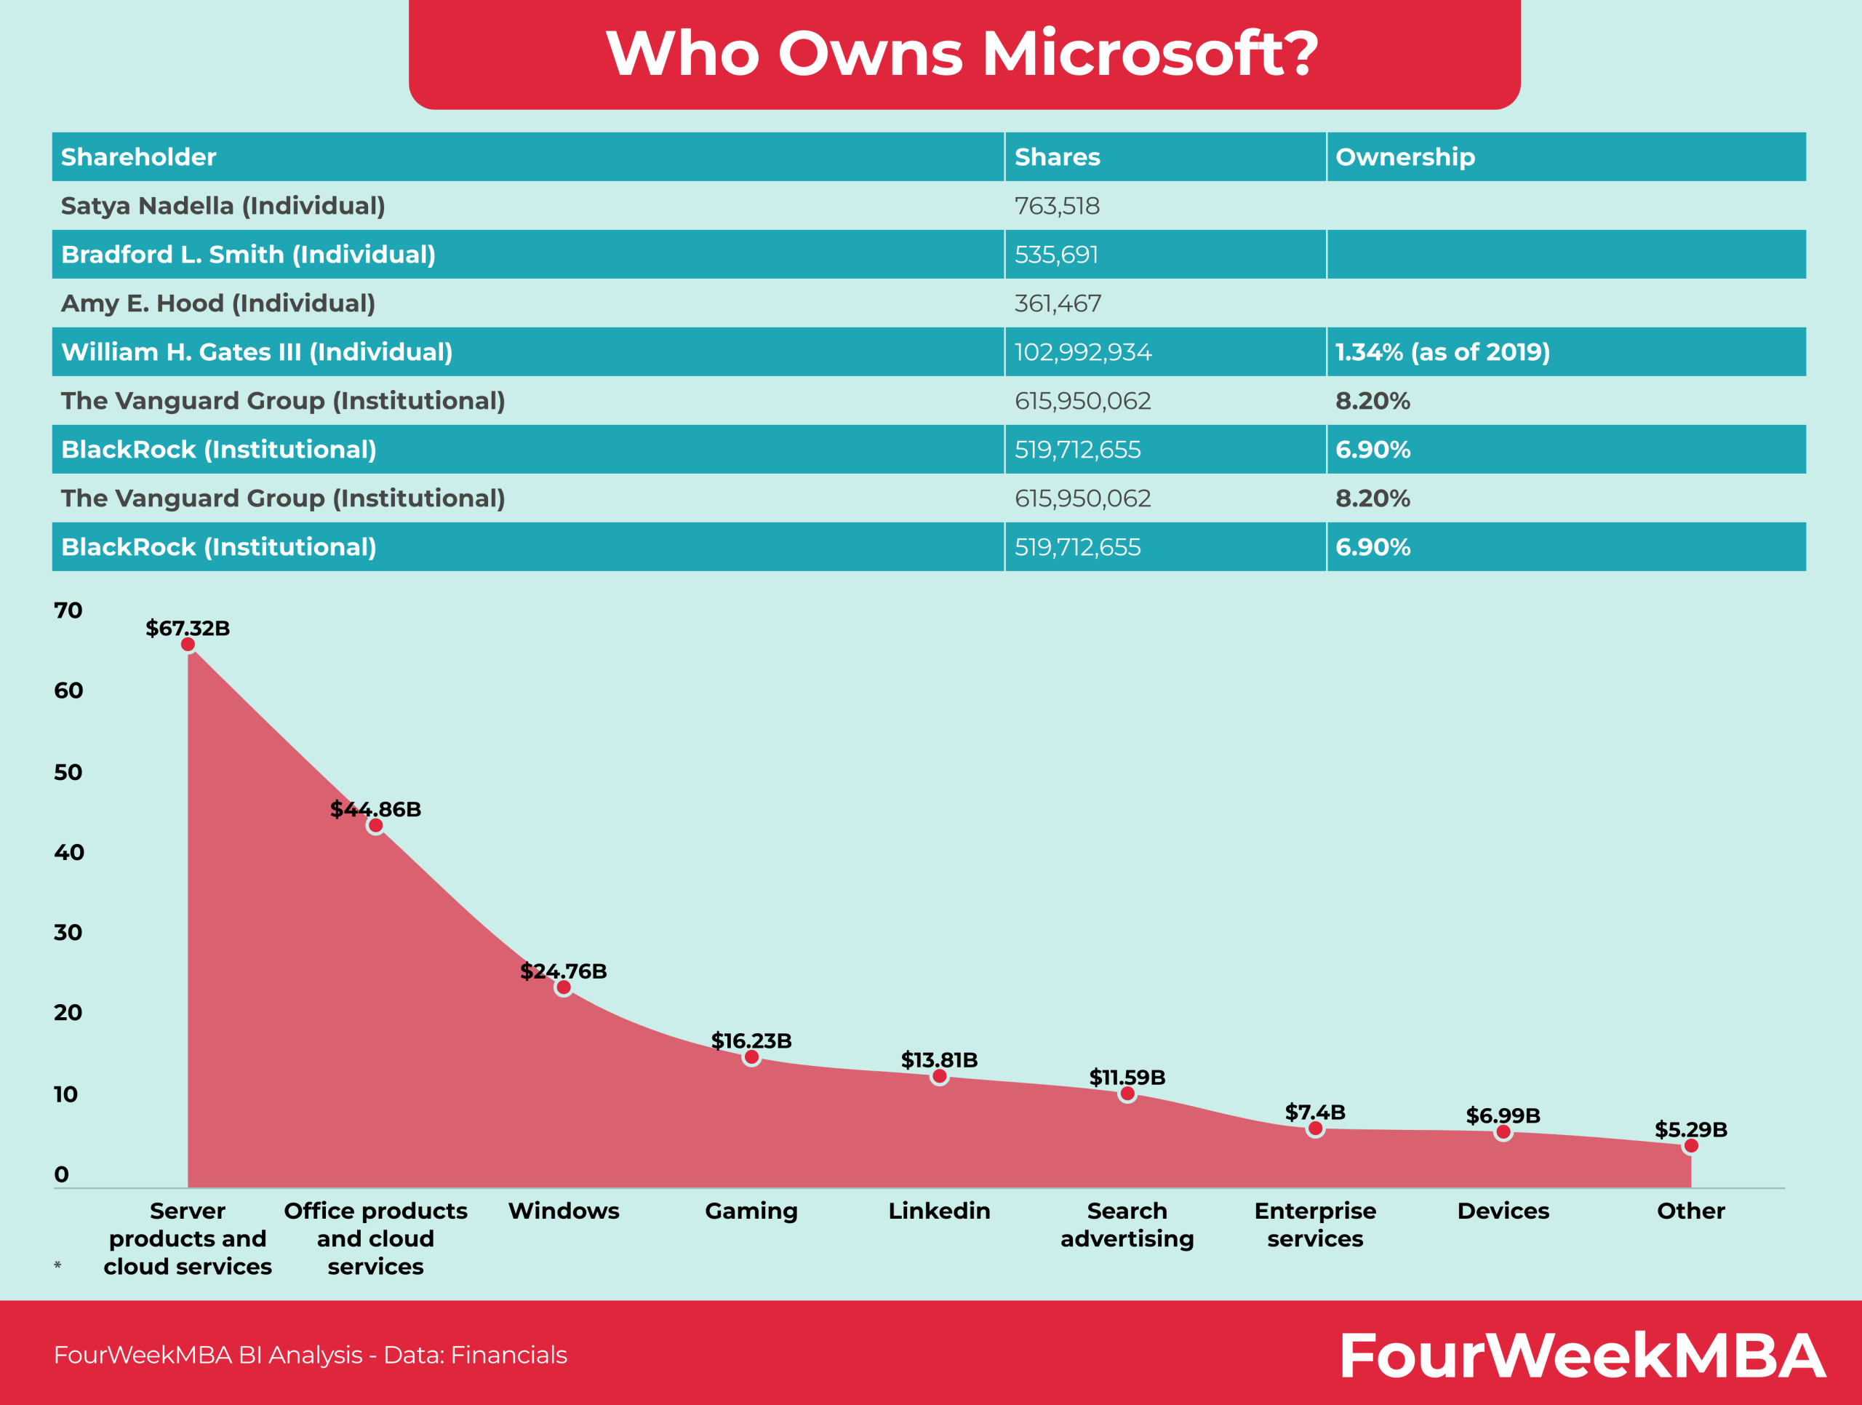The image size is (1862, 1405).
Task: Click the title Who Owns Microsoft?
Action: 962,53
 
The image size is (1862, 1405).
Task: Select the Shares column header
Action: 1058,156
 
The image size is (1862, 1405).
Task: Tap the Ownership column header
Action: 1405,156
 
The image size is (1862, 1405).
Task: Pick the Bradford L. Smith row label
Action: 248,254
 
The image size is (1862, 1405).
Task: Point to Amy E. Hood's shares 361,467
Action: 1058,303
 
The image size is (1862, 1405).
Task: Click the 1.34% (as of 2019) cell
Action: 1442,352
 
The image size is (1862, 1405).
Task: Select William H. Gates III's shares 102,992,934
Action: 1082,352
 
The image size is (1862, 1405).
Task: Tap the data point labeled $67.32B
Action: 188,644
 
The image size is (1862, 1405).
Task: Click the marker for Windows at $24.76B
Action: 563,987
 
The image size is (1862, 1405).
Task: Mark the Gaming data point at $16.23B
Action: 751,1056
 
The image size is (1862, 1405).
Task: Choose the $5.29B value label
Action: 1690,1129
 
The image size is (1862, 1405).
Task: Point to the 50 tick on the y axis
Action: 68,772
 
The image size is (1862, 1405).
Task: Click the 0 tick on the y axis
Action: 61,1174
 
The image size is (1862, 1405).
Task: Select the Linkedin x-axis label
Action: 940,1211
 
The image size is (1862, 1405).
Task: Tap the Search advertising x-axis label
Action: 1127,1224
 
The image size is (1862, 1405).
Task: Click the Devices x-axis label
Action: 1503,1211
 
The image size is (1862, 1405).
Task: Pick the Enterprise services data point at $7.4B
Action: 1315,1129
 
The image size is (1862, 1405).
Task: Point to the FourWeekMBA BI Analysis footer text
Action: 310,1355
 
